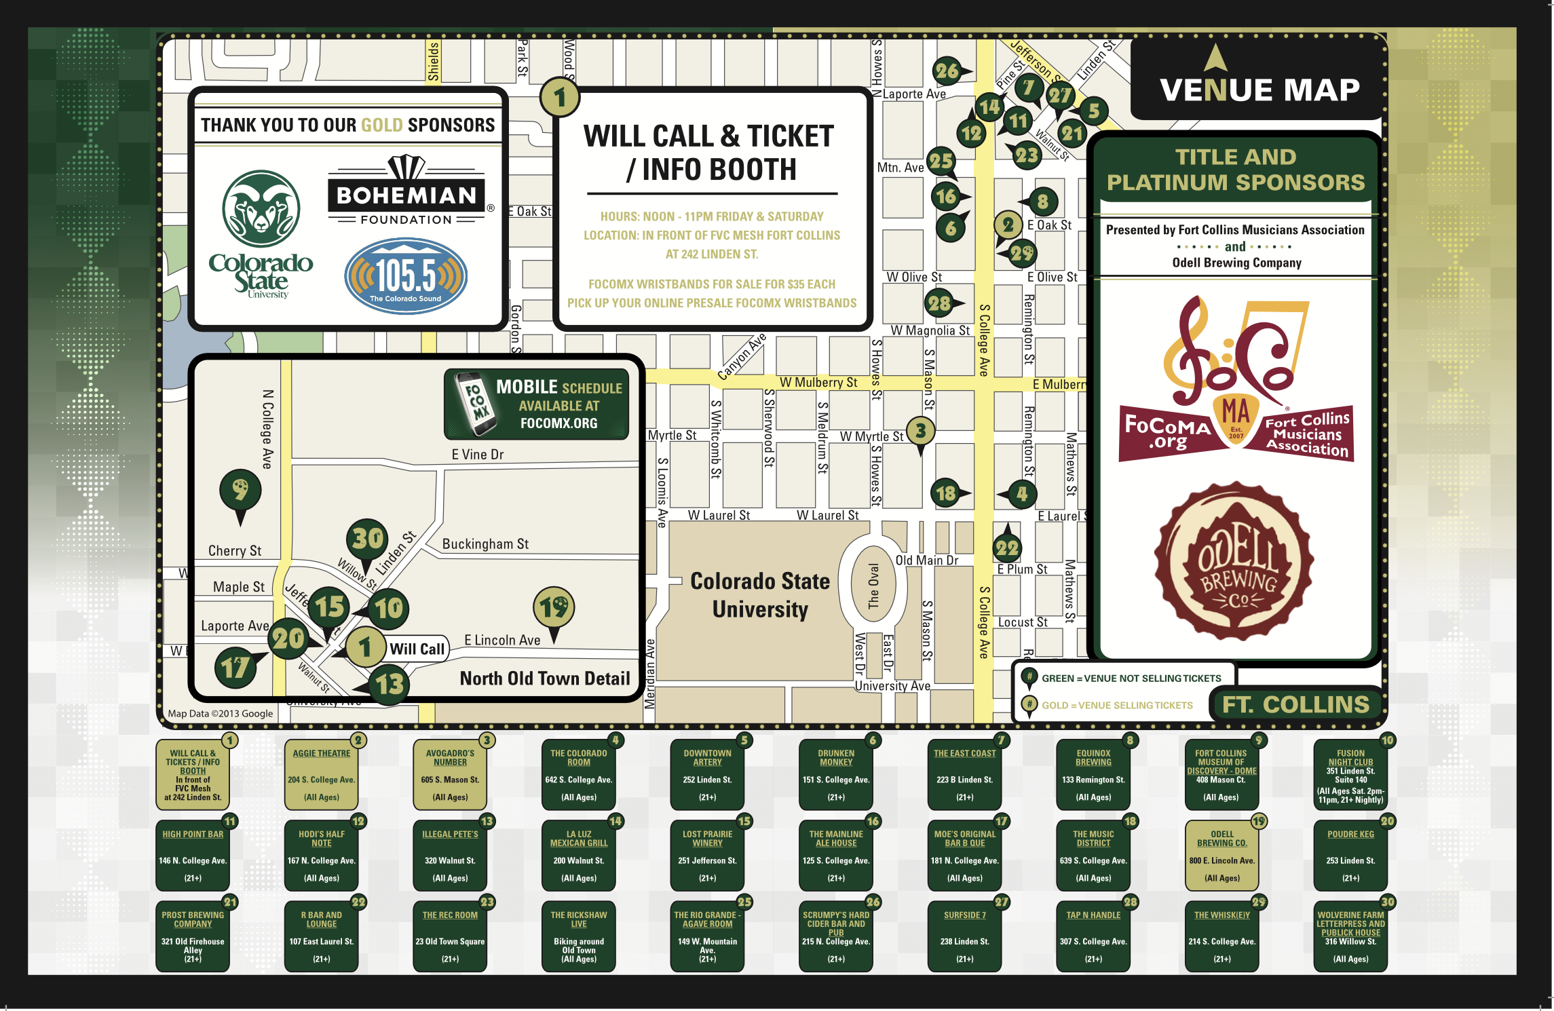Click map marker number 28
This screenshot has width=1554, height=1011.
(x=940, y=303)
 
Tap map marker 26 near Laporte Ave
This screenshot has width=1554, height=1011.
(x=947, y=71)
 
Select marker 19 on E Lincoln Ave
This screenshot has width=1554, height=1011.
(x=554, y=607)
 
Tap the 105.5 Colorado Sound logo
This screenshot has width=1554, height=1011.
(x=406, y=275)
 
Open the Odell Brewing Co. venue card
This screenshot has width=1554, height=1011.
(x=1221, y=856)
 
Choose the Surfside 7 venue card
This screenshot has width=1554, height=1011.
(x=964, y=936)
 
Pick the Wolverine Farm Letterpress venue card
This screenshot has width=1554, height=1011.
(x=1350, y=936)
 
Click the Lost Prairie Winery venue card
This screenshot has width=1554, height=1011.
(x=707, y=856)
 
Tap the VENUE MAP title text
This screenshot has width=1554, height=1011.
(x=1259, y=90)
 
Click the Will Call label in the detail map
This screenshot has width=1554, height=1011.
(x=417, y=649)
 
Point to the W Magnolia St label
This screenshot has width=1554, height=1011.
(x=930, y=330)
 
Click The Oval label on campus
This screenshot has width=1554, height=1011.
(x=873, y=586)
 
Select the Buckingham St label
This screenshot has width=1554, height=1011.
(x=485, y=544)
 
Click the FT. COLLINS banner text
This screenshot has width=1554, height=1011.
(x=1295, y=704)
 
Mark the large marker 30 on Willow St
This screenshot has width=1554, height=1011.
(x=367, y=539)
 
